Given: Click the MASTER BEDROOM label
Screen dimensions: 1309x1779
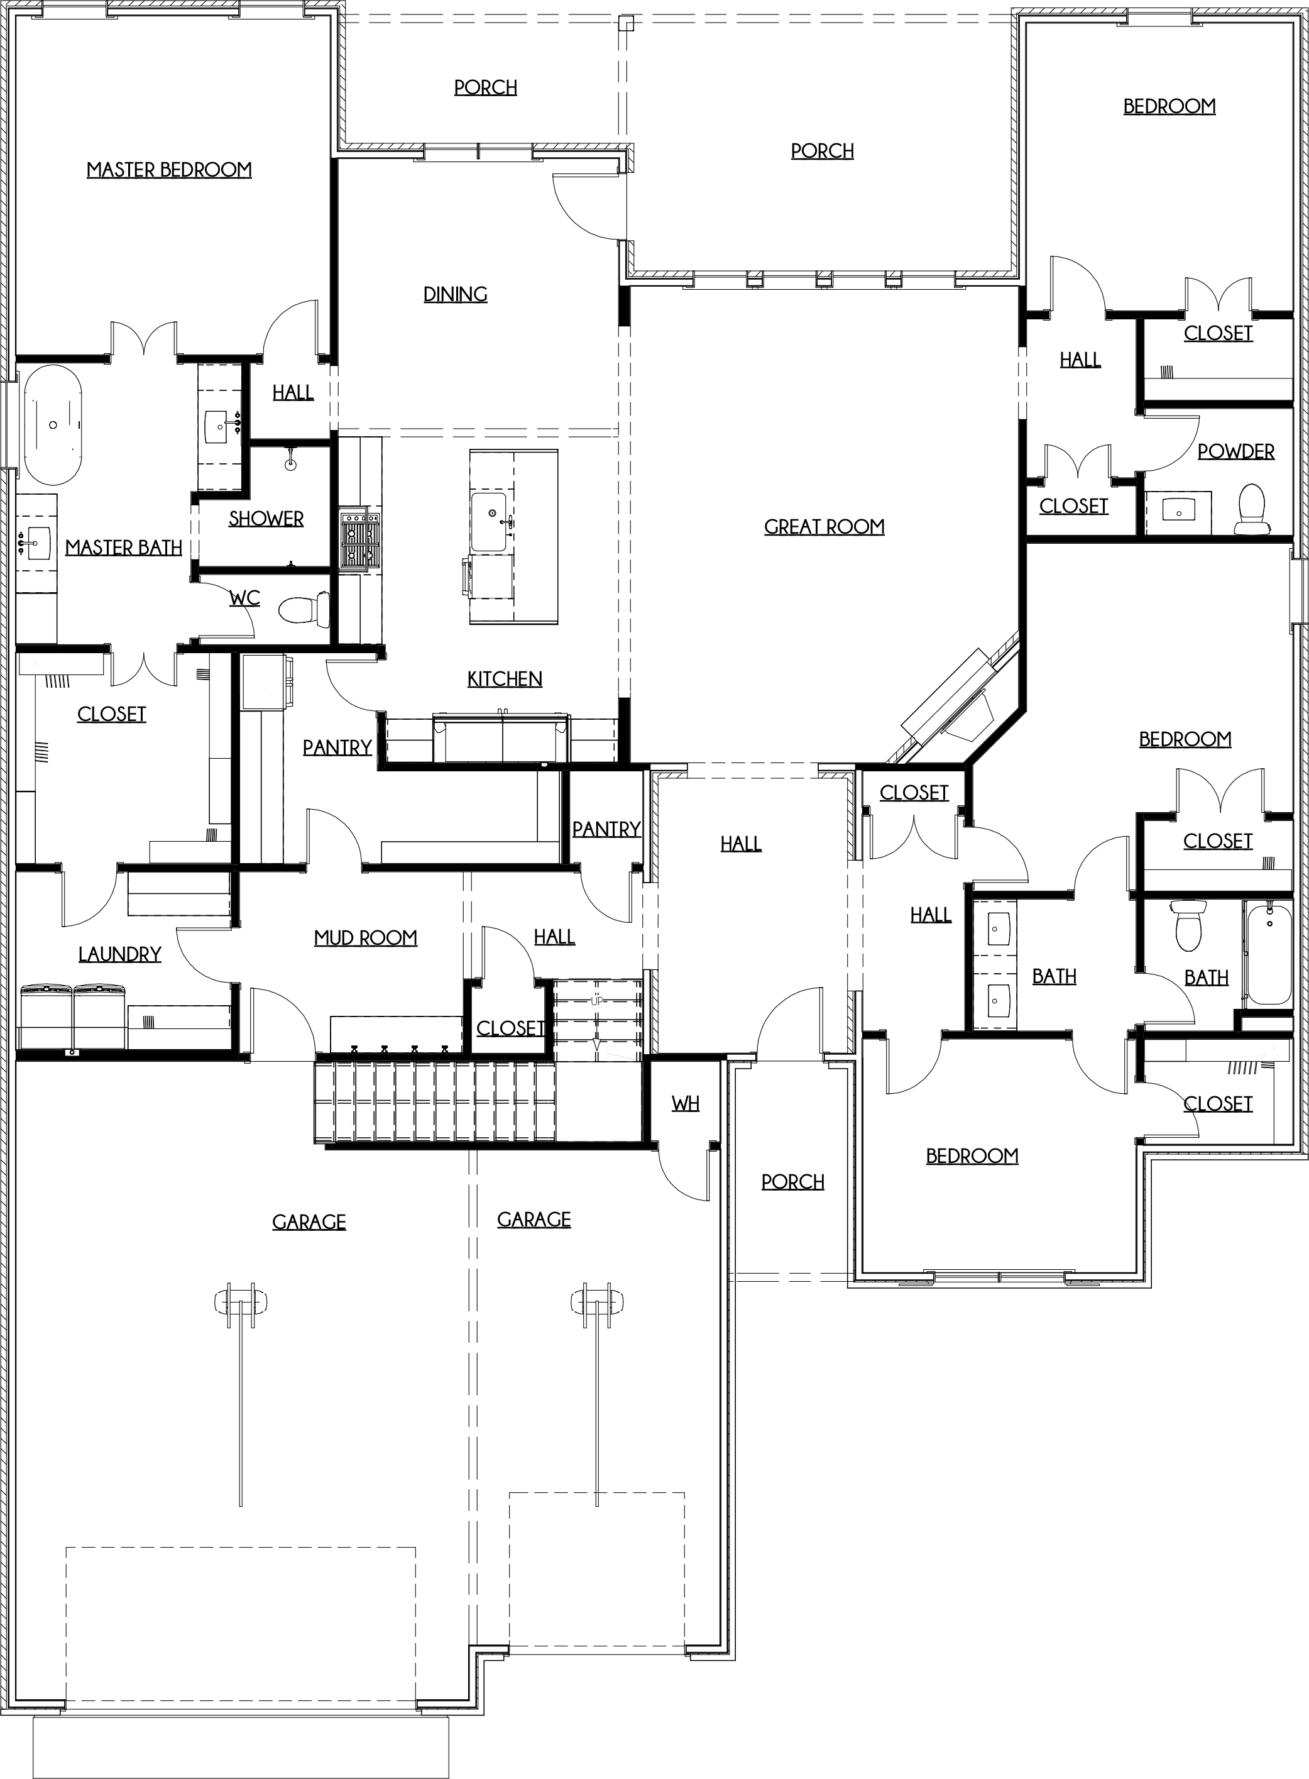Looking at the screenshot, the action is pyautogui.click(x=169, y=170).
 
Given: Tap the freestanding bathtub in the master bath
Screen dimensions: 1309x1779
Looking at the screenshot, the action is pyautogui.click(x=52, y=425).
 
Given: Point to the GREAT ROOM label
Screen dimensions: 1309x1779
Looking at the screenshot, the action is pyautogui.click(x=824, y=527).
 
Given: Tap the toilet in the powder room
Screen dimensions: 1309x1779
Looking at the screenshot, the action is pyautogui.click(x=1252, y=508).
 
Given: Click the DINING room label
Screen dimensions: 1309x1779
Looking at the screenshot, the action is pyautogui.click(x=456, y=295).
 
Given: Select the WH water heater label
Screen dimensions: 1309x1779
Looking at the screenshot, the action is pyautogui.click(x=686, y=1103).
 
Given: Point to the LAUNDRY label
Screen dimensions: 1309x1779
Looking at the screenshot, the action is pyautogui.click(x=119, y=954).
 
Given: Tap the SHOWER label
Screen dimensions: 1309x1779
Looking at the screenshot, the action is pyautogui.click(x=266, y=519).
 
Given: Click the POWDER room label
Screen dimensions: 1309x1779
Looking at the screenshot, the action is pyautogui.click(x=1236, y=452).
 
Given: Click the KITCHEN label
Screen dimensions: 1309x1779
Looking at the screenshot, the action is pyautogui.click(x=505, y=679).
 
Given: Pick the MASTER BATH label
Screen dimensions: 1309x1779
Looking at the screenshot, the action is pyautogui.click(x=124, y=548).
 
